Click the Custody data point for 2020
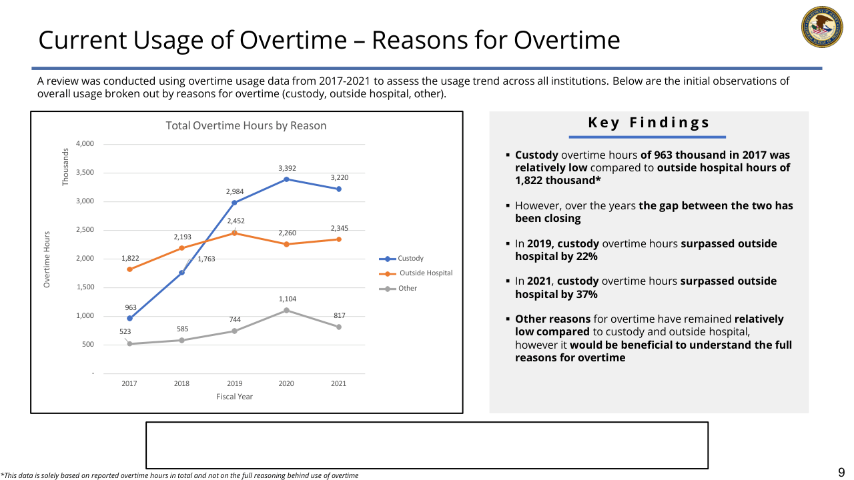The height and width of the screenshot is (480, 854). click(287, 179)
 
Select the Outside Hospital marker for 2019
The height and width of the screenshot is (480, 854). click(234, 233)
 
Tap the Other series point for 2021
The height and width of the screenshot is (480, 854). click(339, 327)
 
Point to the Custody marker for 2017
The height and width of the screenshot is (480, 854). click(129, 318)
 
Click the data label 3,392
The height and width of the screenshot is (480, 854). click(287, 168)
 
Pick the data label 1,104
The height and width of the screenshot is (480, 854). click(287, 299)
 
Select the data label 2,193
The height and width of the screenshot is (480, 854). click(182, 237)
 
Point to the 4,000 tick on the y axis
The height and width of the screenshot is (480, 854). click(85, 144)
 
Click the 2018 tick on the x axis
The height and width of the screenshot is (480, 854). click(181, 383)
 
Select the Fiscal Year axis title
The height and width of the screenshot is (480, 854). click(234, 397)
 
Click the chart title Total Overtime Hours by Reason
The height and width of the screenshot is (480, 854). click(246, 125)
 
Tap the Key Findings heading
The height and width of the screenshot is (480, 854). click(649, 123)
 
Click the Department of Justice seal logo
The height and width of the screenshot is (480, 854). click(821, 28)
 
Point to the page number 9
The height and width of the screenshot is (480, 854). click(841, 473)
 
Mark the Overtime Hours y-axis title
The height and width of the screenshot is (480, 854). click(47, 259)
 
